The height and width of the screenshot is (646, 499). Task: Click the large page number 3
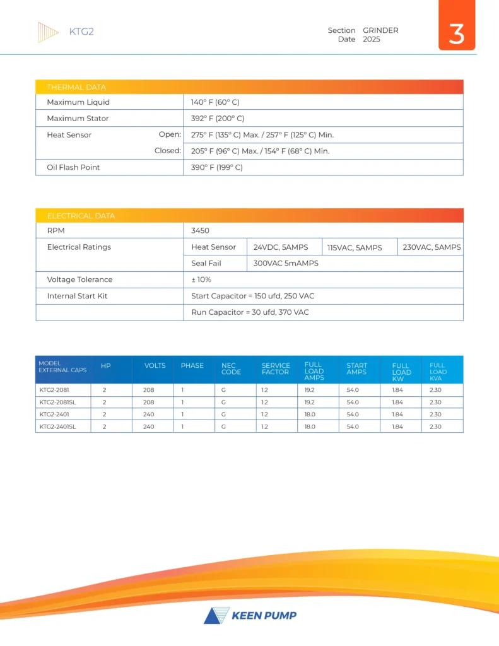point(456,33)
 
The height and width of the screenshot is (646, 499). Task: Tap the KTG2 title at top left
point(81,32)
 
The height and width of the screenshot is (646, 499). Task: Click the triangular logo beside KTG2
point(48,32)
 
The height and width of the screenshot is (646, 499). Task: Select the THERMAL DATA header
point(76,87)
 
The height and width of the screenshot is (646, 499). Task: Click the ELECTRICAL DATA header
point(81,216)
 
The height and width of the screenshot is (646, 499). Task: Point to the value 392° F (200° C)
point(218,119)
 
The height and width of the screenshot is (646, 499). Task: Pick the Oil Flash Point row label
point(73,167)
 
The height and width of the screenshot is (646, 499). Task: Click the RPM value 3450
point(200,231)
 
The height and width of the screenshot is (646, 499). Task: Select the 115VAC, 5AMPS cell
point(355,247)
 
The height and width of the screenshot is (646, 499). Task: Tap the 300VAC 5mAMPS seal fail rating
point(286,263)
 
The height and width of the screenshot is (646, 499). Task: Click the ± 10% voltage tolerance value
point(201,279)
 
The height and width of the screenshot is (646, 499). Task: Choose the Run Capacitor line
point(250,312)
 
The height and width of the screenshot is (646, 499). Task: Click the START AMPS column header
point(356,369)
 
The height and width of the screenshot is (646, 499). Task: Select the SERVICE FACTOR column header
point(276,369)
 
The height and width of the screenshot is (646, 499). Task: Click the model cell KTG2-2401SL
point(59,426)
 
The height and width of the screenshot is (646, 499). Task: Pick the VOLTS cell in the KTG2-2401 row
point(148,414)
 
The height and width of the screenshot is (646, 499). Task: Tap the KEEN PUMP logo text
point(264,616)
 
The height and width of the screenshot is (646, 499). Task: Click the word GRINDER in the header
point(380,30)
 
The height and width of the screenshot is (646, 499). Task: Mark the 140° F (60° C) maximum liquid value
point(215,102)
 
